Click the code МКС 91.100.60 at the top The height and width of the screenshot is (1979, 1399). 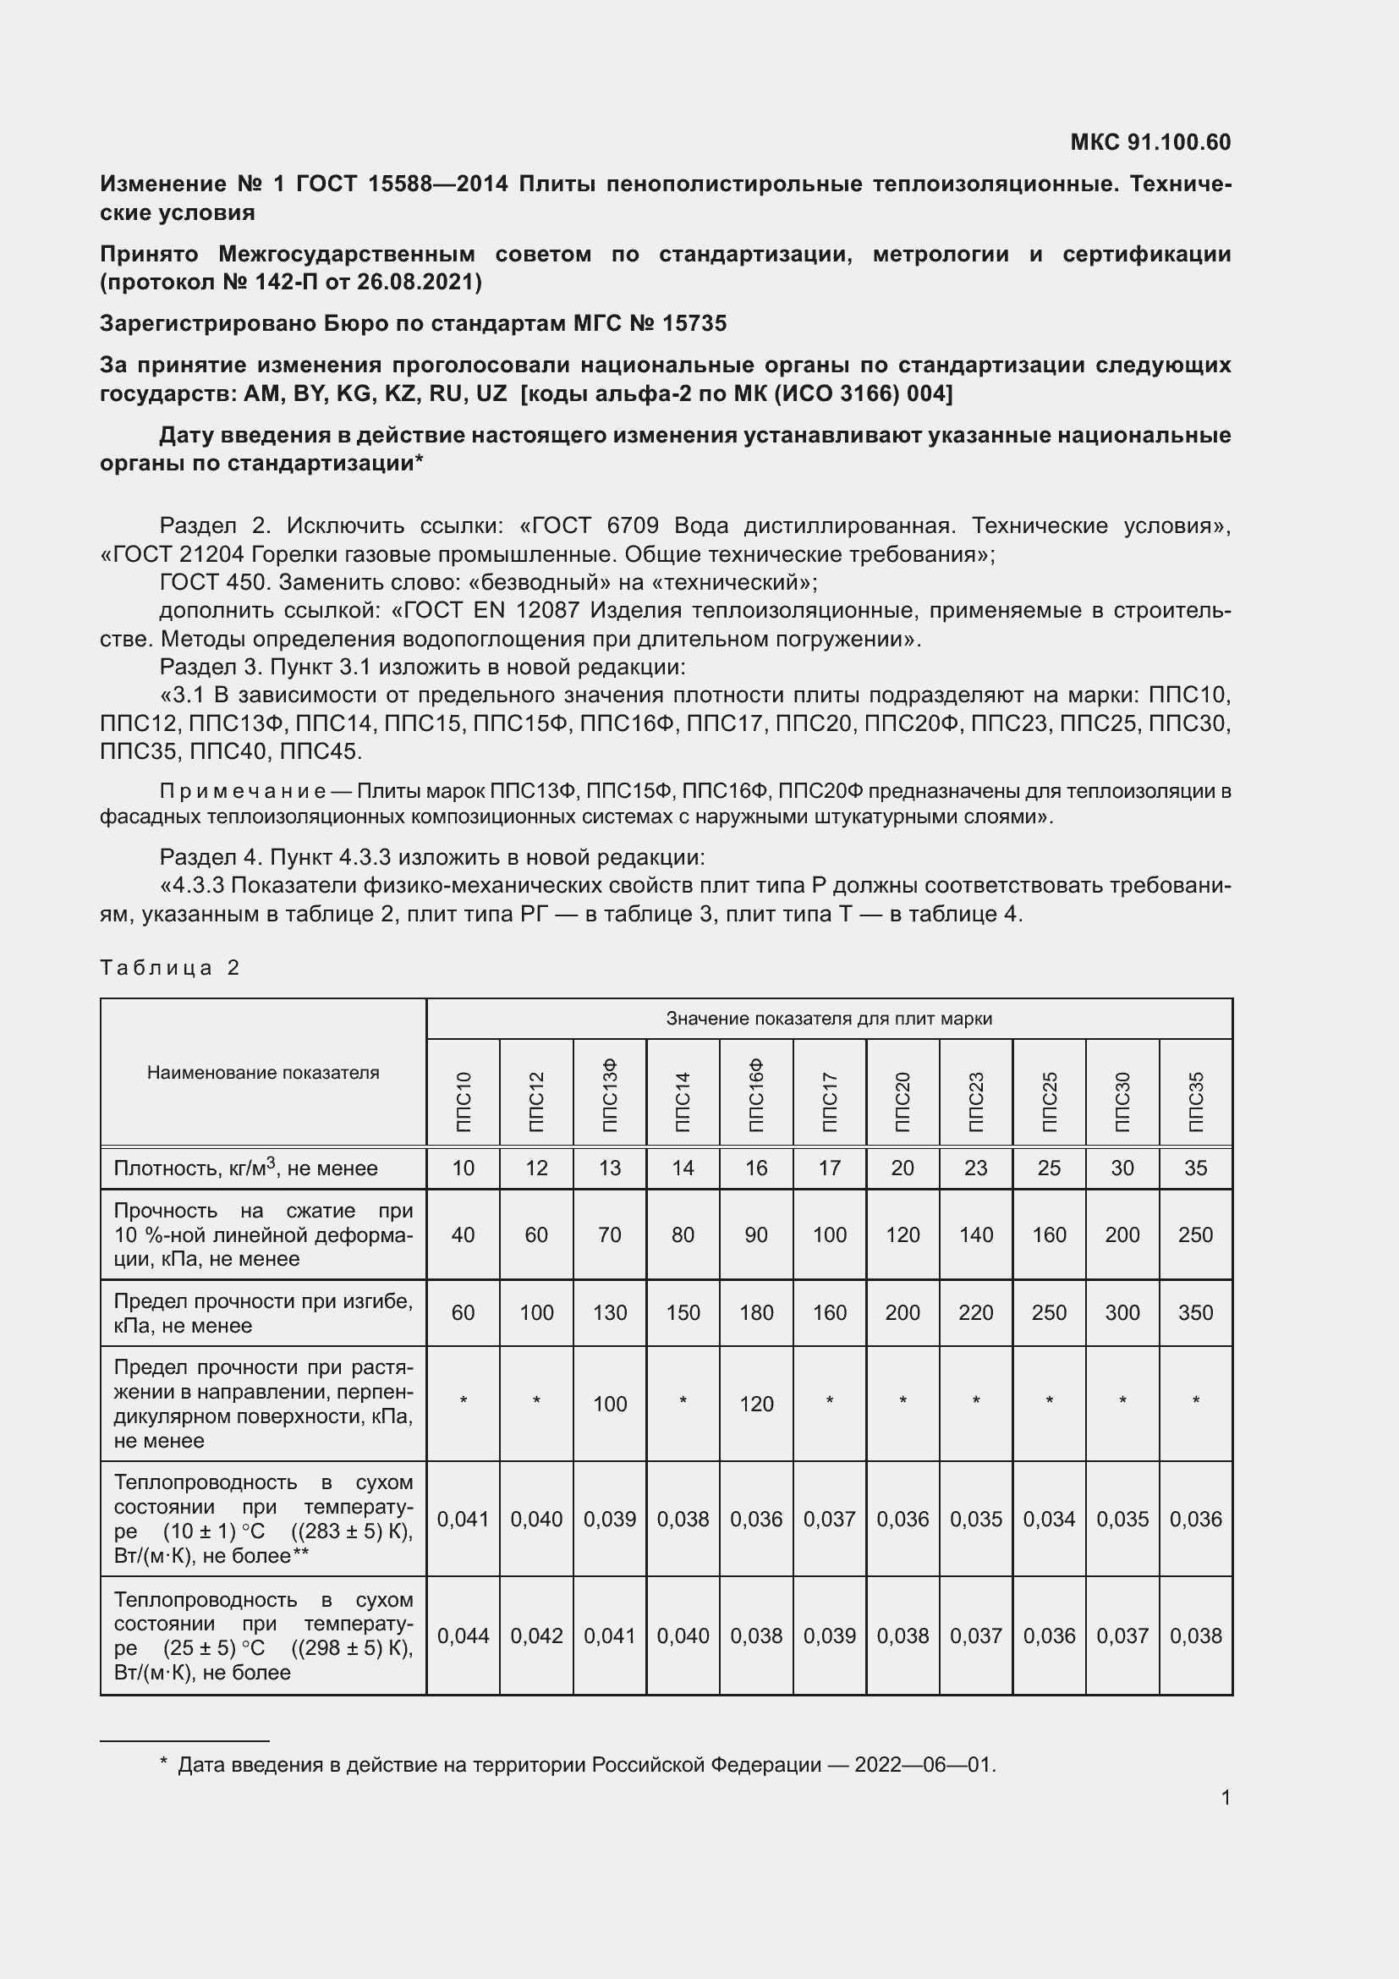[1150, 142]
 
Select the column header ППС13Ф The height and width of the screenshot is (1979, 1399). [610, 1095]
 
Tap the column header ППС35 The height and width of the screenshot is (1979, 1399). [1196, 1101]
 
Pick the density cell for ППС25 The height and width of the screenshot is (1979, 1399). [1049, 1168]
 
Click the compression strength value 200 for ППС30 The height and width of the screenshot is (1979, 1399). [1122, 1234]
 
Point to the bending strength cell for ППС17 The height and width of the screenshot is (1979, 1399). [830, 1312]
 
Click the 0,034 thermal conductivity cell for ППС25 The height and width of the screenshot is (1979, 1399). [1049, 1519]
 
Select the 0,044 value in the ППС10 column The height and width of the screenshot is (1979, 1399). [463, 1635]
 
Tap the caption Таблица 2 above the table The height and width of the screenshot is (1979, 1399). [169, 968]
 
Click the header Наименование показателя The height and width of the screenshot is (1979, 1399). [263, 1072]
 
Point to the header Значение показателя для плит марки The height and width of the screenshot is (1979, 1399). [829, 1019]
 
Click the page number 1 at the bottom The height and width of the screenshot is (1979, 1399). [1225, 1797]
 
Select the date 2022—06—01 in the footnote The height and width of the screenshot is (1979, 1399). [924, 1764]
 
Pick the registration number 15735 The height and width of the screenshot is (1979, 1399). [694, 323]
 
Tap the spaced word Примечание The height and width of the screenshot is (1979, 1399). [242, 791]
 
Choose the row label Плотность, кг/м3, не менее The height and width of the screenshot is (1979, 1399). [245, 1168]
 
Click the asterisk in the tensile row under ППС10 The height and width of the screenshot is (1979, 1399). [463, 1401]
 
